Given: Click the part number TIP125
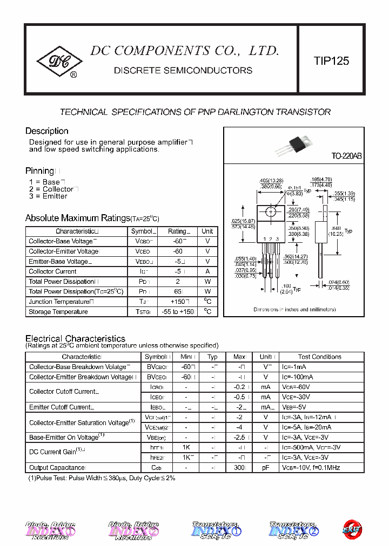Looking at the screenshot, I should (331, 61).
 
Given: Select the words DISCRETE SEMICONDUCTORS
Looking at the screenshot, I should (183, 71).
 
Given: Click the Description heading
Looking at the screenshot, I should (47, 131).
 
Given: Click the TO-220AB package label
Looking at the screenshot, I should (346, 156).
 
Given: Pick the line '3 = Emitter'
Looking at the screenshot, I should (48, 196).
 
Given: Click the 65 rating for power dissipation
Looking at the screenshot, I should (177, 291).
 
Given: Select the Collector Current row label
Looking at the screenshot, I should (52, 271).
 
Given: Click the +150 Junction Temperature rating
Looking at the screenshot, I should (177, 302).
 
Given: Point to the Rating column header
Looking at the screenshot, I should (177, 231).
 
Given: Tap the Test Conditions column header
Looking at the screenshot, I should (319, 357).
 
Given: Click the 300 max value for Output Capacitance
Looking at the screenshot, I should (239, 468).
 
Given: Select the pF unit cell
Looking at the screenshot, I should (265, 468).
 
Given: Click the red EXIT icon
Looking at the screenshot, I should (353, 529).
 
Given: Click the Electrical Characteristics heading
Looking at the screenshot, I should (75, 338).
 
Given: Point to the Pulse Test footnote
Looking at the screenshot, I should (102, 478).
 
